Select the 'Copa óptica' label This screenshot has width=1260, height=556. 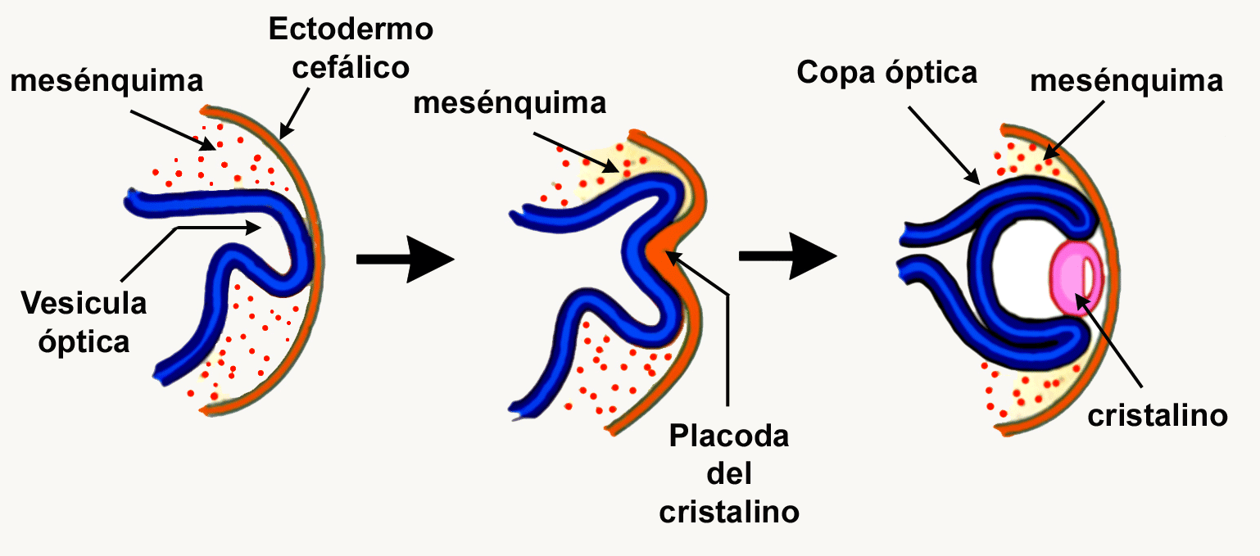point(886,73)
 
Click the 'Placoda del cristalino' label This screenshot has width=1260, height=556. point(728,473)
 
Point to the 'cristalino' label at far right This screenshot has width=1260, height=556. point(1157,415)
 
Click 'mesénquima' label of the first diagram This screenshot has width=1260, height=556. point(107,81)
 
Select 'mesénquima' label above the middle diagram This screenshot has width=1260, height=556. point(510,103)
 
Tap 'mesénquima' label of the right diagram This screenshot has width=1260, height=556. point(1127,81)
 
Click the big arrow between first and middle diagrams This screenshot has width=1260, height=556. point(405,260)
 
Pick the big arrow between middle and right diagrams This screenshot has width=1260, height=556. point(787,257)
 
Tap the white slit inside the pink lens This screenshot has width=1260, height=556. point(1087,278)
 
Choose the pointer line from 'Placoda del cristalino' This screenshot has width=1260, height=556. point(726,344)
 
